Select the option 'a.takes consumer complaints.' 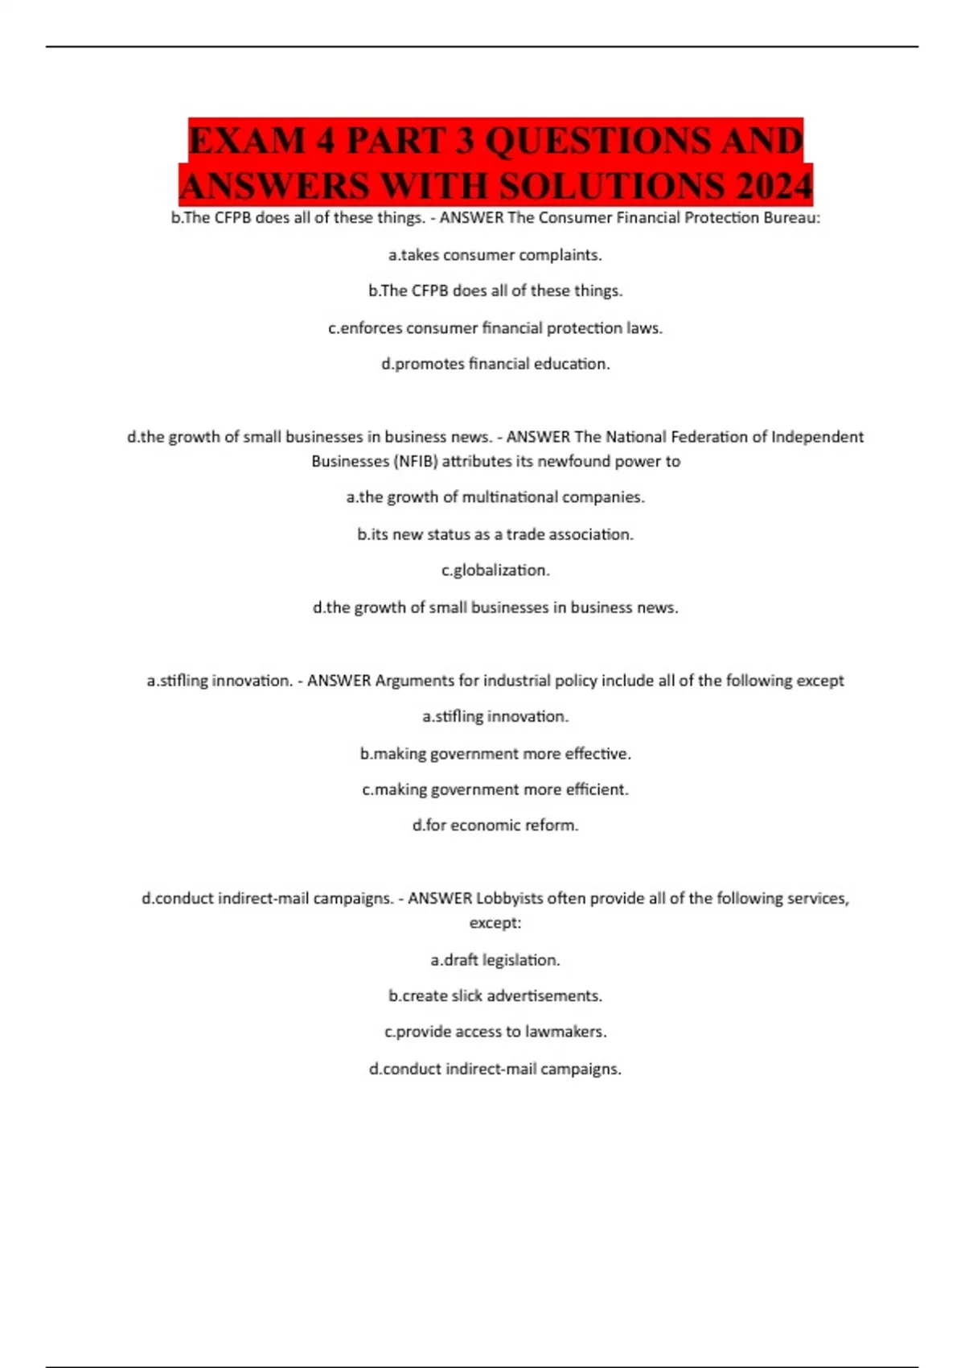(495, 255)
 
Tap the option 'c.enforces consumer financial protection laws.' (495, 328)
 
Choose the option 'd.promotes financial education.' (495, 365)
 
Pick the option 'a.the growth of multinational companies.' (495, 497)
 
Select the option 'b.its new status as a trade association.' (495, 534)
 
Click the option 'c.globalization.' (495, 571)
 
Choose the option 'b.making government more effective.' (495, 754)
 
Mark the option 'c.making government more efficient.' (495, 789)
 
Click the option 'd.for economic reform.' (495, 826)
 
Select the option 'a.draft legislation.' (495, 960)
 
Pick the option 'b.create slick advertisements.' (495, 996)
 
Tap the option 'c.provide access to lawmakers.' (495, 1032)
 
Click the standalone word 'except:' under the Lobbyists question (495, 923)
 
